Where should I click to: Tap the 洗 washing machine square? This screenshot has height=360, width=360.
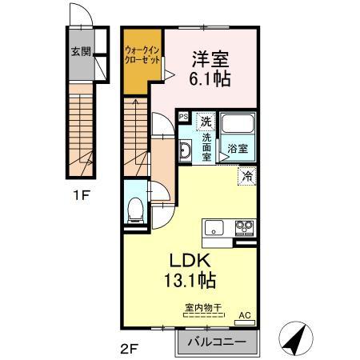(206, 122)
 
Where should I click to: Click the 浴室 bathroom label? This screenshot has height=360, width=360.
(237, 147)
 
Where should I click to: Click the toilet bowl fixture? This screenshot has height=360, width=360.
(135, 210)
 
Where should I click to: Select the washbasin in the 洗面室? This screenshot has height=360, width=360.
(184, 150)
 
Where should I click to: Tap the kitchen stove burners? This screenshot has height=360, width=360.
(242, 230)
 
